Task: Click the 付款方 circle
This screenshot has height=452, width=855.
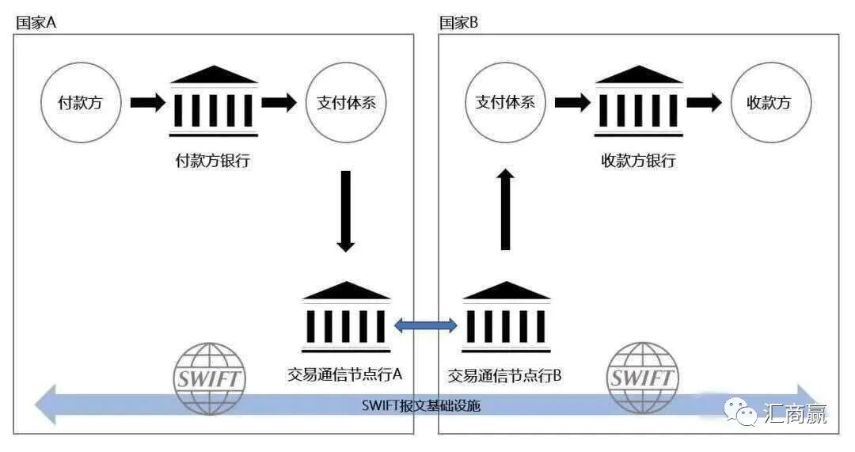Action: (x=81, y=102)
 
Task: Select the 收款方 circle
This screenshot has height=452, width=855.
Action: (x=769, y=102)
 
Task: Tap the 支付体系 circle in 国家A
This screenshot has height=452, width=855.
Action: (x=345, y=102)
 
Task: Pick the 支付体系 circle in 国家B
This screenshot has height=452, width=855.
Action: (x=505, y=102)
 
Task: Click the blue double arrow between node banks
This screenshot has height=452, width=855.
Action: (x=426, y=323)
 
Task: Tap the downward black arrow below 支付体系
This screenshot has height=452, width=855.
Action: (x=345, y=210)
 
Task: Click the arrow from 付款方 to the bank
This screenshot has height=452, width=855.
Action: (x=147, y=102)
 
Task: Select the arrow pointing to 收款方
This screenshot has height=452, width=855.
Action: (x=703, y=102)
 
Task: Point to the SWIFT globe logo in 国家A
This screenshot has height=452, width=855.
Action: (x=209, y=378)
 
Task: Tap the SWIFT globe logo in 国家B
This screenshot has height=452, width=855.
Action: (x=643, y=378)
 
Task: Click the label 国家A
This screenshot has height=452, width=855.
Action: (x=36, y=22)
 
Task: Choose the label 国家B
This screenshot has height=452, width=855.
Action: (x=459, y=22)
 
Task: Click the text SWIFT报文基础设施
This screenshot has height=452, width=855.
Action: (x=420, y=406)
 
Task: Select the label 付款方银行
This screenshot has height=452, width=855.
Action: (x=212, y=161)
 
